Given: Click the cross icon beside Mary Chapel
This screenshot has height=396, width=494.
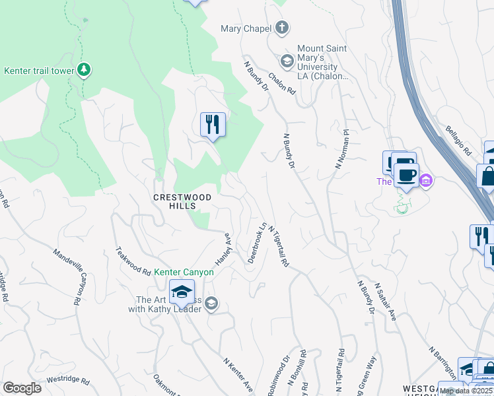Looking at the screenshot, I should pyautogui.click(x=283, y=28).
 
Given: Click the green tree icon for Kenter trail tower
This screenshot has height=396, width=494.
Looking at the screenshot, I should pyautogui.click(x=84, y=69).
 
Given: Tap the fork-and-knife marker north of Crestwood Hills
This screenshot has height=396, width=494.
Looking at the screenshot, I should pyautogui.click(x=213, y=125).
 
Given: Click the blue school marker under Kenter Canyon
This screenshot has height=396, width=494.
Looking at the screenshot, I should pyautogui.click(x=182, y=292).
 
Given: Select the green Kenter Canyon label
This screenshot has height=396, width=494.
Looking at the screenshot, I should pyautogui.click(x=184, y=272).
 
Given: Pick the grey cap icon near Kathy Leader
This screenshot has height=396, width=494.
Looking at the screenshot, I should pyautogui.click(x=211, y=304).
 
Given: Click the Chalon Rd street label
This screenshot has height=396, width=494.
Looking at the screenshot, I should pyautogui.click(x=281, y=83).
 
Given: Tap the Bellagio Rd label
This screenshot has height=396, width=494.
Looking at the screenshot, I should pyautogui.click(x=458, y=141).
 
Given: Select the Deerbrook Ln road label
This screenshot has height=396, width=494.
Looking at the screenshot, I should pyautogui.click(x=256, y=243).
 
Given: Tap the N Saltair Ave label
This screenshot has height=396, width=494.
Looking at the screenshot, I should pyautogui.click(x=385, y=302).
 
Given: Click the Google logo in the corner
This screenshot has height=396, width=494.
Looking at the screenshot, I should pyautogui.click(x=22, y=388).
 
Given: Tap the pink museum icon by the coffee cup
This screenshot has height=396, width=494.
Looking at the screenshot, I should pyautogui.click(x=426, y=180).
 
